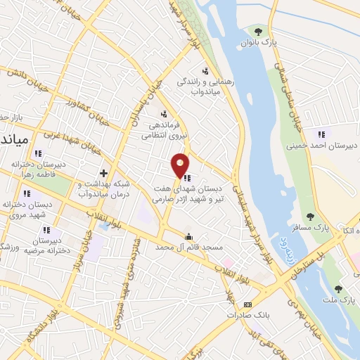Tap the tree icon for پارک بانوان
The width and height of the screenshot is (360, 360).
point(259,31)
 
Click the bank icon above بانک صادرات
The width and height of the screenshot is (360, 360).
point(246,304)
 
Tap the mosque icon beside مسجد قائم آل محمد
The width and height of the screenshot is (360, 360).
point(188,237)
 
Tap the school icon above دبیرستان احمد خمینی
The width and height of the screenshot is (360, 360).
point(321,134)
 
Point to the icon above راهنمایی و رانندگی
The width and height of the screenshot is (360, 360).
point(205,70)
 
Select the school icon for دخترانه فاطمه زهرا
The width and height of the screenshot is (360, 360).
point(39,153)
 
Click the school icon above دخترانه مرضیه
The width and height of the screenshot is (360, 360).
point(46,230)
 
